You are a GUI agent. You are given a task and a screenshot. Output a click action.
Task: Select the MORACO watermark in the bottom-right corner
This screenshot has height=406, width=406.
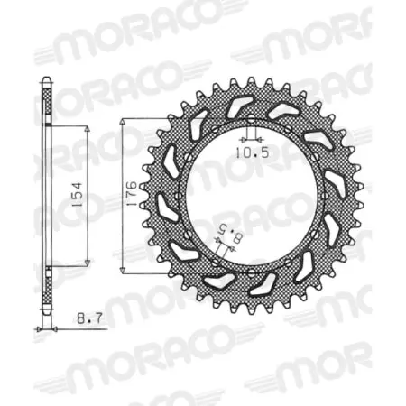[x=316, y=374]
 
